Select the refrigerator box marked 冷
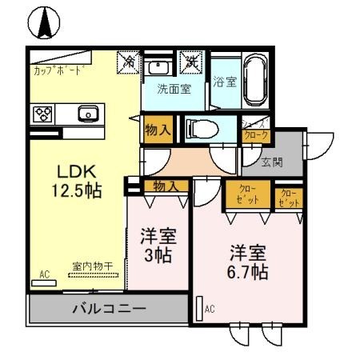pyautogui.click(x=128, y=62)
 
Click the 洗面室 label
pyautogui.click(x=173, y=90)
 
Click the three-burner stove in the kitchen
pyautogui.click(x=42, y=114)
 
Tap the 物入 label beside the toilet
pyautogui.click(x=158, y=130)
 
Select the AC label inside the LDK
pyautogui.click(x=45, y=274)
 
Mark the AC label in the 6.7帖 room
pyautogui.click(x=210, y=308)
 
